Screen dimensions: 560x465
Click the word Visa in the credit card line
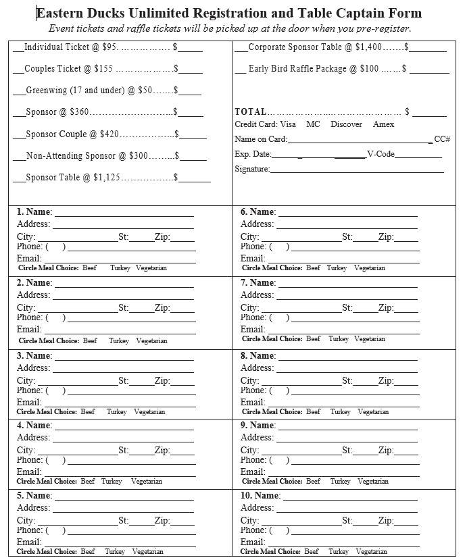click(x=288, y=124)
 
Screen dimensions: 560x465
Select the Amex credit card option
click(x=383, y=124)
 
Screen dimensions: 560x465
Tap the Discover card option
click(x=346, y=124)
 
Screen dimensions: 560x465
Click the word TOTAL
click(x=251, y=111)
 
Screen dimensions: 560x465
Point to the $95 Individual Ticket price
click(x=109, y=47)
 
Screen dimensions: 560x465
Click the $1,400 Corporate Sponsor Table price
click(x=368, y=47)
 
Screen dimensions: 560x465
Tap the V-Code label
click(x=381, y=154)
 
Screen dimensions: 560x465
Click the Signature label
click(x=252, y=169)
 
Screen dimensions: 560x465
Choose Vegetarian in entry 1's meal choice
click(x=151, y=268)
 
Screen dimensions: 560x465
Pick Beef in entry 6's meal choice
click(x=313, y=268)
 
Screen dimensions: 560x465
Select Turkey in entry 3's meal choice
click(x=116, y=412)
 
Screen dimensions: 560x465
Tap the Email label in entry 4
click(x=29, y=472)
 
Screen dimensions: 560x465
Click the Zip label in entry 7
click(x=386, y=308)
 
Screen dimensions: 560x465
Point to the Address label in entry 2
click(x=33, y=295)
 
